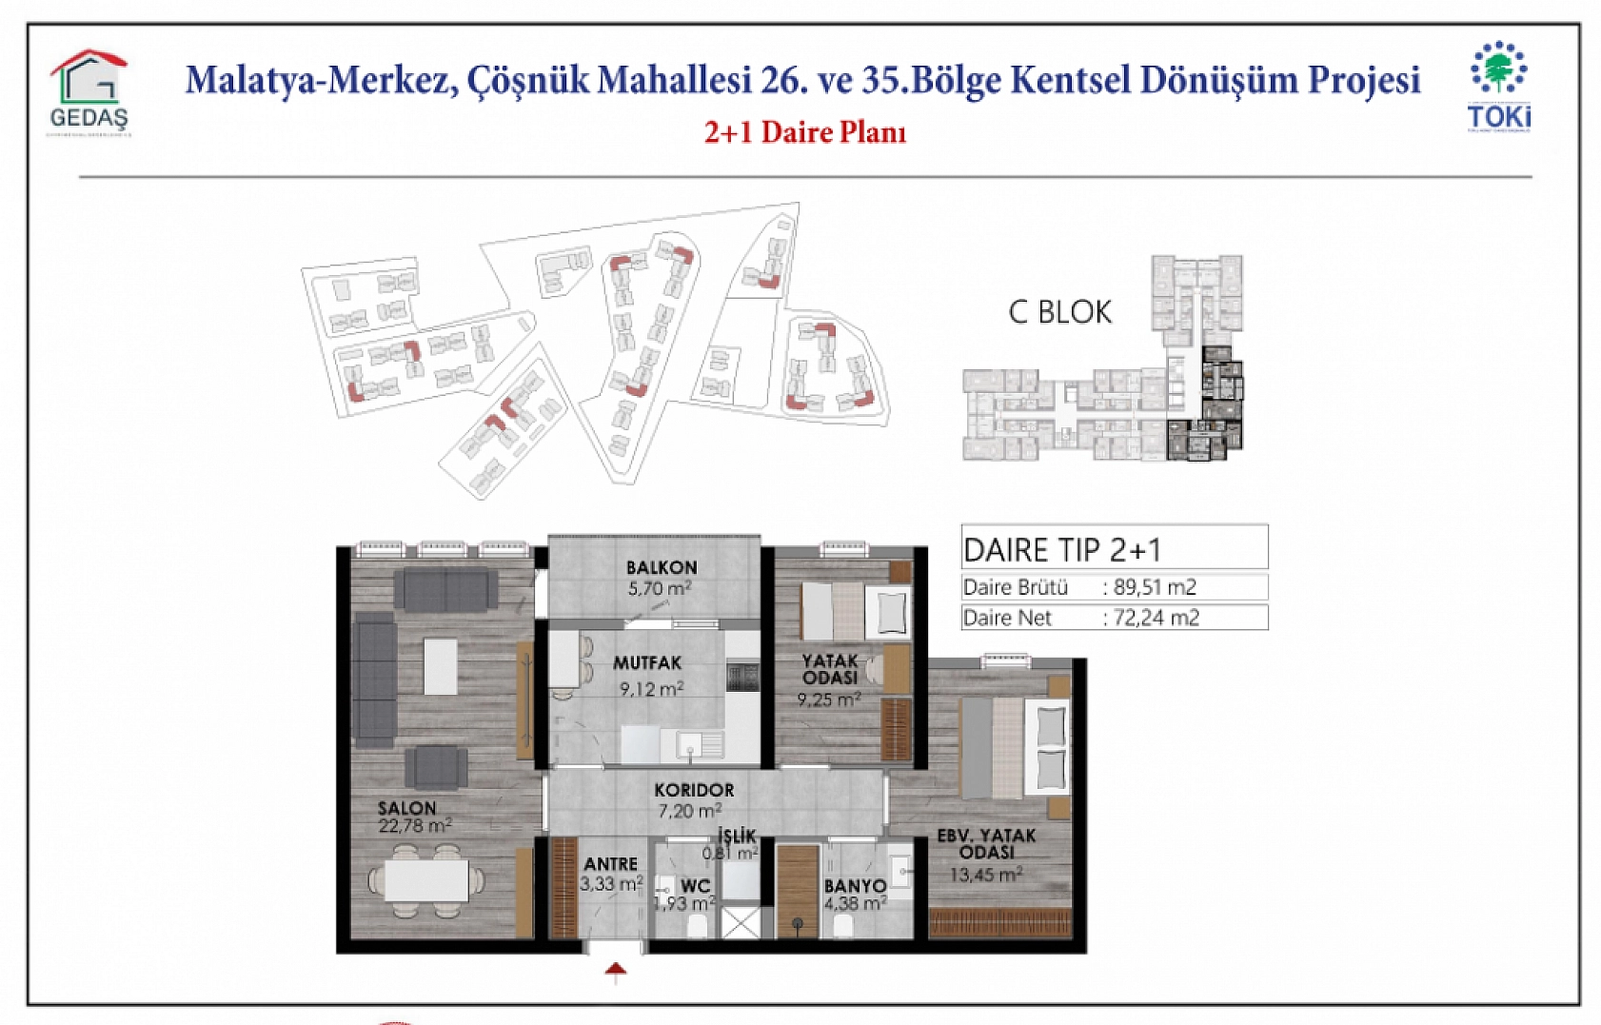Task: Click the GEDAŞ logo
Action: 89,92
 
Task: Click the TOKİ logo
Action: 1499,87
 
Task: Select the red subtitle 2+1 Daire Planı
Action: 805,132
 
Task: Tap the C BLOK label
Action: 1059,312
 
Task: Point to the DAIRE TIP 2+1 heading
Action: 1062,549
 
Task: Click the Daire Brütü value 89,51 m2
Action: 1155,587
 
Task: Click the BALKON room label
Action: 661,567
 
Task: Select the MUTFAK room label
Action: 647,663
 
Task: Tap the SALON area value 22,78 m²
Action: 414,826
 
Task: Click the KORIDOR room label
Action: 694,790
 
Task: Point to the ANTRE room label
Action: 610,864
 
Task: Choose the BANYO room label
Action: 855,886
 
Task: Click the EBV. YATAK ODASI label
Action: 986,843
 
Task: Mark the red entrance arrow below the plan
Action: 616,971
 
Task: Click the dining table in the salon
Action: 426,879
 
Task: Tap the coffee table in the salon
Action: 441,665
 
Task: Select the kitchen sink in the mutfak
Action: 699,743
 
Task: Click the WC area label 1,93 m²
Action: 684,903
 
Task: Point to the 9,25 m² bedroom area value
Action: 829,700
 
